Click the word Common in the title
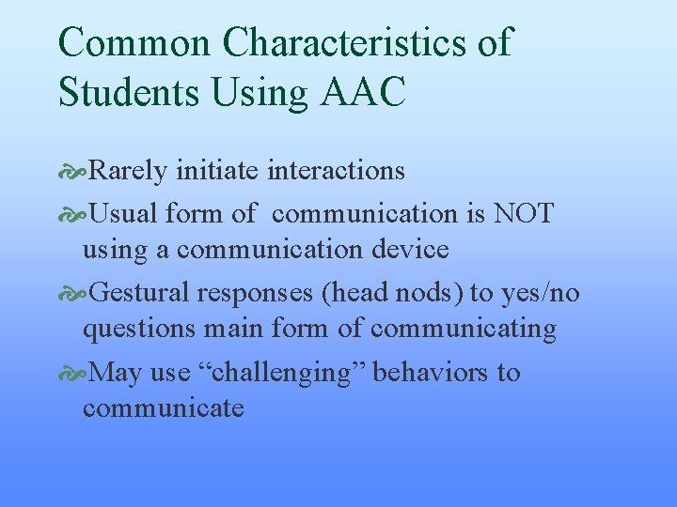click(x=134, y=42)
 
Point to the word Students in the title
click(x=132, y=92)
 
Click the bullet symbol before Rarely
click(x=72, y=171)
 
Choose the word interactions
click(x=337, y=170)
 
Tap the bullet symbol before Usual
click(x=72, y=214)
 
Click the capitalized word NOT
click(x=523, y=213)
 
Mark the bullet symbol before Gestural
click(x=72, y=294)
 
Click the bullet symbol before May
click(x=72, y=374)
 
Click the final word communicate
click(x=163, y=408)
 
